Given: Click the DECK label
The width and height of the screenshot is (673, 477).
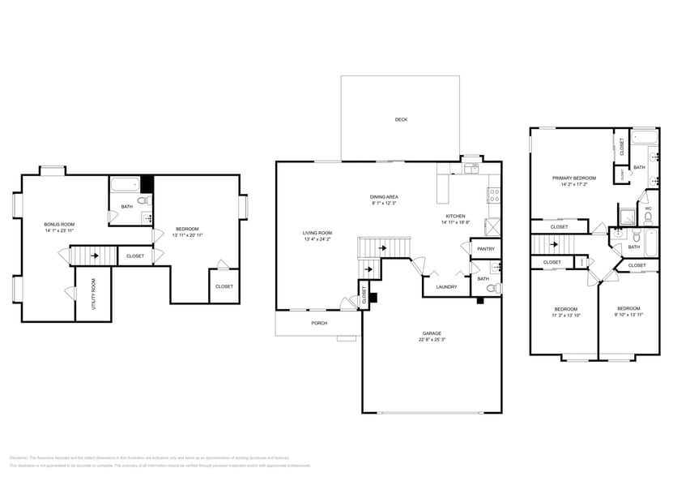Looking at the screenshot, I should click(401, 119).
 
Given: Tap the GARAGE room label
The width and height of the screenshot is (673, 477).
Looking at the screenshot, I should click(432, 333).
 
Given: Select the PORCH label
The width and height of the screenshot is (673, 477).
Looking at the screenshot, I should click(319, 323).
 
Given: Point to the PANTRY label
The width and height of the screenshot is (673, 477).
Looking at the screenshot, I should click(486, 249).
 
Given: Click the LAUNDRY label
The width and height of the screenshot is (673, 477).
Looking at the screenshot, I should click(446, 286).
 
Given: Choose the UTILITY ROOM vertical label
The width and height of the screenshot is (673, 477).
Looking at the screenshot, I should click(94, 294).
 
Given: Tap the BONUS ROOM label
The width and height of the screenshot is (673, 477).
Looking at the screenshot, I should click(59, 224).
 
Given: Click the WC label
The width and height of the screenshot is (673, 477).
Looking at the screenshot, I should click(649, 208).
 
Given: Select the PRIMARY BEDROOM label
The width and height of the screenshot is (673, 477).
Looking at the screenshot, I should click(573, 178).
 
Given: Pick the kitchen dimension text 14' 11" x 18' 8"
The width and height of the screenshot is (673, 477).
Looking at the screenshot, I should click(455, 222).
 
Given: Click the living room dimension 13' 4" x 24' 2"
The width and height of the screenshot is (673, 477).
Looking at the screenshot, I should click(318, 239).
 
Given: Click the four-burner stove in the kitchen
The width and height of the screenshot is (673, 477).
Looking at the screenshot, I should click(492, 195).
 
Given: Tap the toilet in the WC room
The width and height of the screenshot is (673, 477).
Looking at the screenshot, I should click(648, 217).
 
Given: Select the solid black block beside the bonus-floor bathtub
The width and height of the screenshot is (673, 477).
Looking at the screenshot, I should click(147, 183).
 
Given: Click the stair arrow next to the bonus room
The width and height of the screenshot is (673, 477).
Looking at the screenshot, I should click(96, 257).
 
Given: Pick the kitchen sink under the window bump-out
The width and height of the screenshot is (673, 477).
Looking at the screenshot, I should click(470, 169).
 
